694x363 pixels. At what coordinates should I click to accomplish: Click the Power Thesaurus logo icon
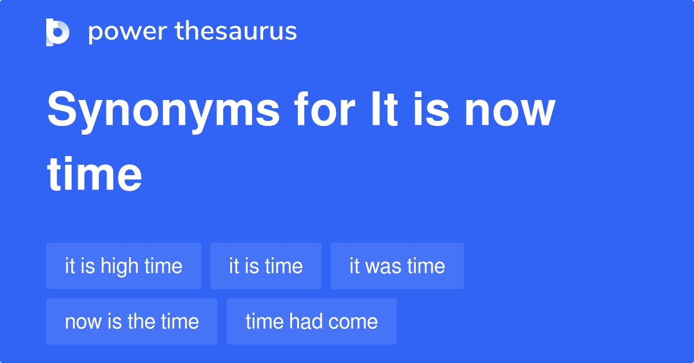[58, 32]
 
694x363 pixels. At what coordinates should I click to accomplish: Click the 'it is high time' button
[124, 266]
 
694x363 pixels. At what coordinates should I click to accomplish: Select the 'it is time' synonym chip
[266, 266]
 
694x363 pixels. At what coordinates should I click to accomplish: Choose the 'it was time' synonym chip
[397, 266]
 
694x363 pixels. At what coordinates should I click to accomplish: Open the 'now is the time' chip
[132, 321]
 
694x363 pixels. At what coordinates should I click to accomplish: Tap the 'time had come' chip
[312, 321]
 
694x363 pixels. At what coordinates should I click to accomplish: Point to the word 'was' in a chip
[383, 266]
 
